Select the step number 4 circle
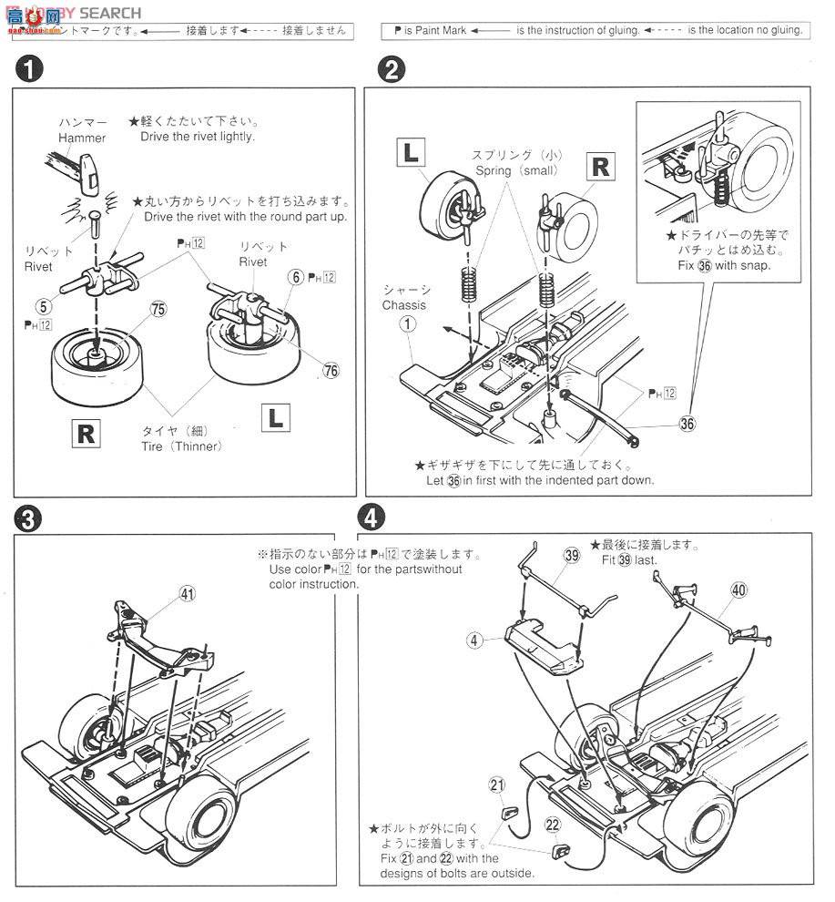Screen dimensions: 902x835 [x=370, y=518]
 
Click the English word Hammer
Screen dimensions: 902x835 [x=82, y=138]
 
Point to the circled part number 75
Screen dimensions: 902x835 [x=158, y=309]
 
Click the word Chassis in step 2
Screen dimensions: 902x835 [x=403, y=305]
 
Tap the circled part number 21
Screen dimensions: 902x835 [x=496, y=785]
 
